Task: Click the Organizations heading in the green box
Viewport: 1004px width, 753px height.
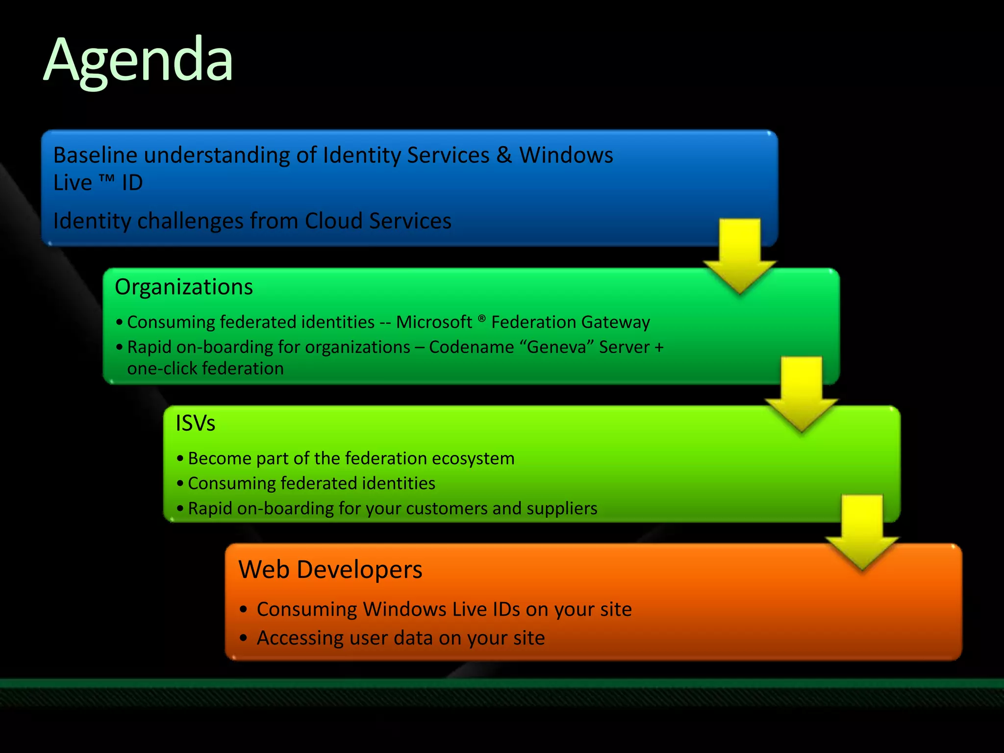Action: click(x=184, y=287)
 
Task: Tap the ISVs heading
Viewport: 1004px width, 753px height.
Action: click(x=195, y=423)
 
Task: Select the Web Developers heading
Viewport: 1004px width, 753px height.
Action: click(x=330, y=570)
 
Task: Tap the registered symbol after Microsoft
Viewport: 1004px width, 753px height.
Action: click(x=481, y=319)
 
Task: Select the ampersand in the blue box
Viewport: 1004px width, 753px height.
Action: click(x=504, y=155)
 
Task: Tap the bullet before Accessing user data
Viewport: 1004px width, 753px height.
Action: click(x=244, y=638)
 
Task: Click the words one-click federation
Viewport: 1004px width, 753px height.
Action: click(x=205, y=369)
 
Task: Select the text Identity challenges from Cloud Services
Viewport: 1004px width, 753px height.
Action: click(x=252, y=221)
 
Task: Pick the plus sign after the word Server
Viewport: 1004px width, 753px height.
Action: click(x=659, y=348)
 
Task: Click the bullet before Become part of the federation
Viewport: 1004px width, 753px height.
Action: click(x=180, y=458)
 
